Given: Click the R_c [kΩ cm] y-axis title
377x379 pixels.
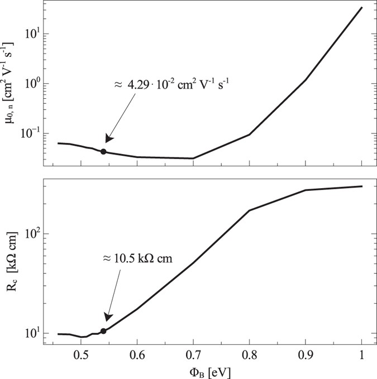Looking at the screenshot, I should point(13,261).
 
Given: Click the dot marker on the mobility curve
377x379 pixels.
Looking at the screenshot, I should point(103,151).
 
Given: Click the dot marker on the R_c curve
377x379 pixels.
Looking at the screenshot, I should point(103,331).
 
